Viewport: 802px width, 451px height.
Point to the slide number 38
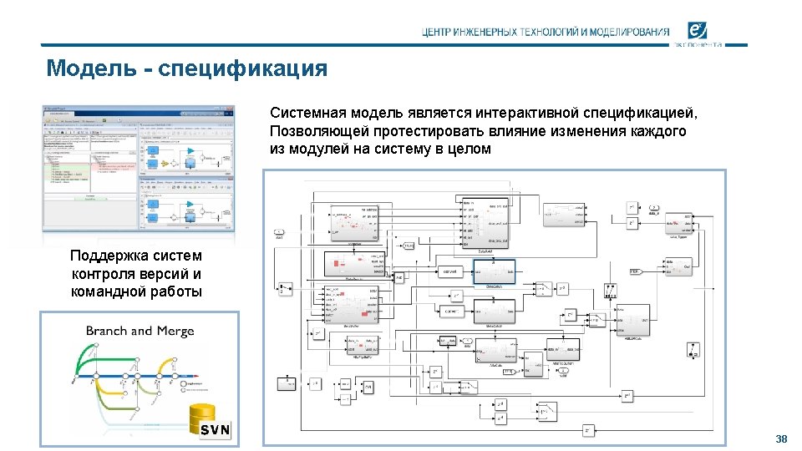pyautogui.click(x=781, y=439)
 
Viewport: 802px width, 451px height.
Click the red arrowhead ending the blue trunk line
pyautogui.click(x=210, y=377)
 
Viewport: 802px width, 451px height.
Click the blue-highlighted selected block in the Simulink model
pyautogui.click(x=494, y=271)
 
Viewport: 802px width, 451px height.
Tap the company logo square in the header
pyautogui.click(x=699, y=31)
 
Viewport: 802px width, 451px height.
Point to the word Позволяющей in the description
pyautogui.click(x=314, y=131)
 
